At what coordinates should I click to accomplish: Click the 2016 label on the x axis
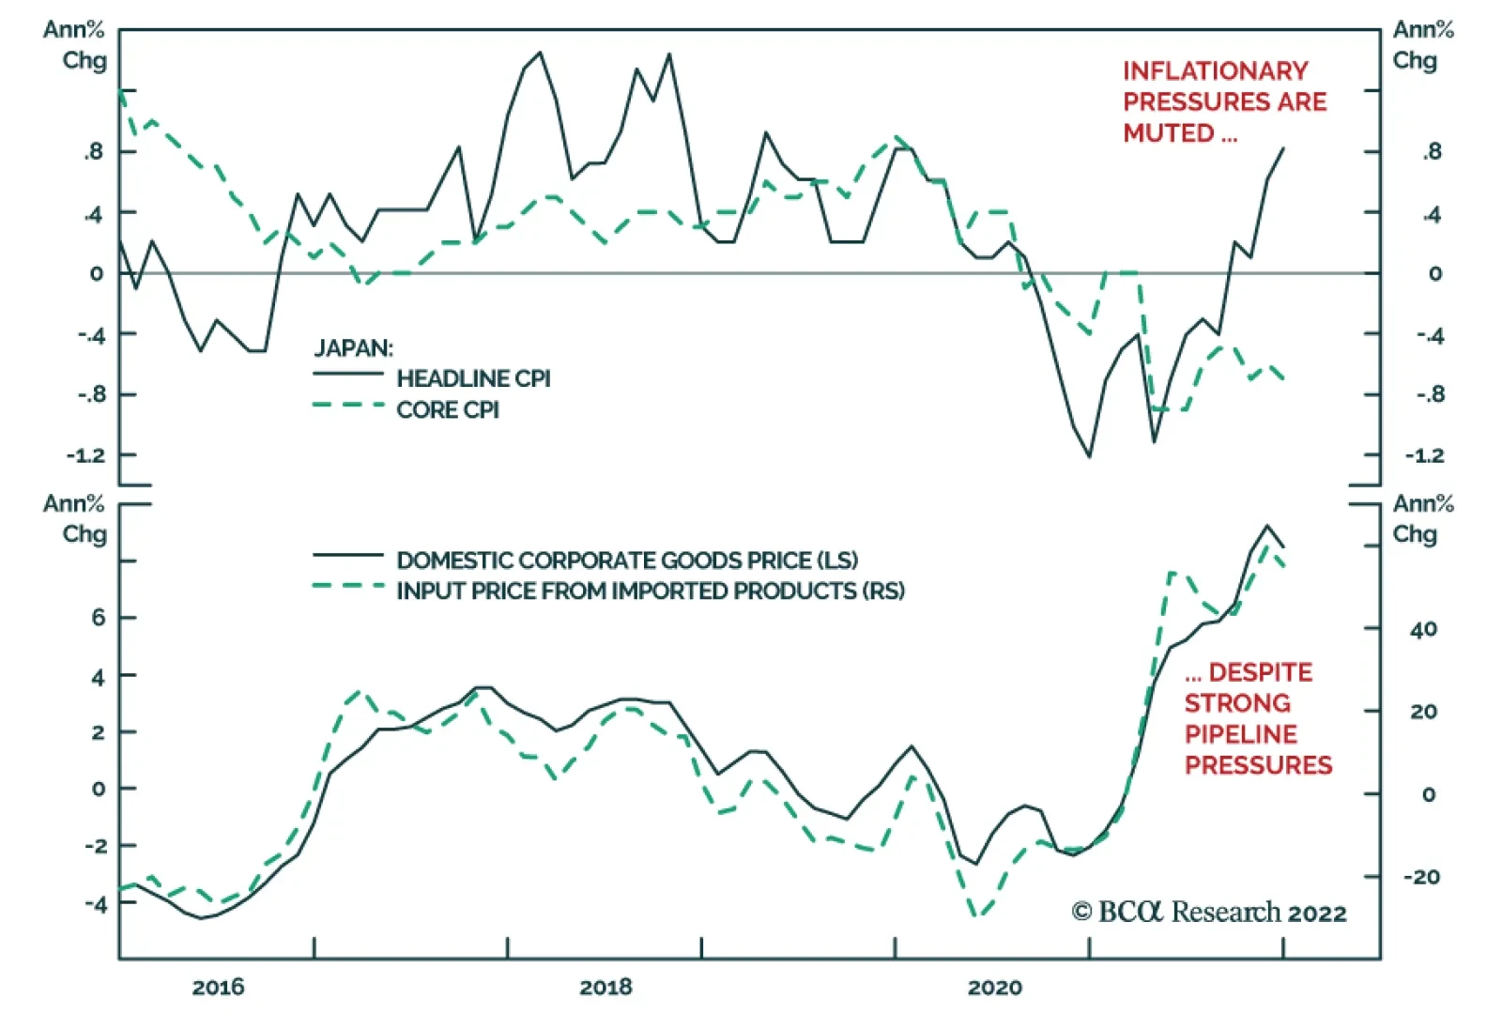(218, 987)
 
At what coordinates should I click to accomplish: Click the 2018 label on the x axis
(605, 987)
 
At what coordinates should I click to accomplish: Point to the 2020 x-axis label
(994, 987)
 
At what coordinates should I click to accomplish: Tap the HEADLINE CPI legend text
(473, 378)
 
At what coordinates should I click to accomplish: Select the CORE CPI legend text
(448, 409)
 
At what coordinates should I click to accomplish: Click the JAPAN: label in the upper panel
(354, 348)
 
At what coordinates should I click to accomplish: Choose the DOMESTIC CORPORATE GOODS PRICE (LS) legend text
(627, 561)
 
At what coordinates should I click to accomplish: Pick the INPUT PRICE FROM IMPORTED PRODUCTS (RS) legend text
(651, 591)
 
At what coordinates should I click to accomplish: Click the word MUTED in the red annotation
(1169, 133)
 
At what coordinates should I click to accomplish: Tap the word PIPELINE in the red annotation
(1240, 734)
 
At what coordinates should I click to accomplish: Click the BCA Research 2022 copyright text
(1209, 912)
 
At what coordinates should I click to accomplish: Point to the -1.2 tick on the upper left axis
(86, 455)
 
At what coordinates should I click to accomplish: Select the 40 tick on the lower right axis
(1423, 629)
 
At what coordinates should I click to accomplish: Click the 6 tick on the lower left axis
(98, 618)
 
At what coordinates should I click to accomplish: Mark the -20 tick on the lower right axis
(1420, 877)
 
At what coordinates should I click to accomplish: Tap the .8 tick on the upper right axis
(1430, 152)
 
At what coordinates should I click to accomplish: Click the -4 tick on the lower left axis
(96, 904)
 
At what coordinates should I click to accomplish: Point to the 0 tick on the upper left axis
(97, 274)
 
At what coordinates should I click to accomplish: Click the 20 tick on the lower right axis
(1423, 712)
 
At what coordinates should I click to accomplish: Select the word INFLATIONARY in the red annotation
(1215, 71)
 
